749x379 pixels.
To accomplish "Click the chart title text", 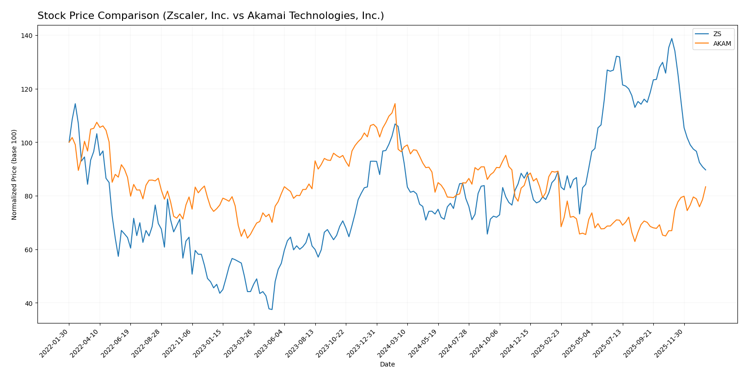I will pyautogui.click(x=210, y=16).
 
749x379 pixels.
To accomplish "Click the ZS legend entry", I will pyautogui.click(x=717, y=34).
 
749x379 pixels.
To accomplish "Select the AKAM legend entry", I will pyautogui.click(x=721, y=44).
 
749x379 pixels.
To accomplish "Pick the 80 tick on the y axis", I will pyautogui.click(x=29, y=196).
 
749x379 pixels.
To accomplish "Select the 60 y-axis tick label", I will pyautogui.click(x=29, y=250).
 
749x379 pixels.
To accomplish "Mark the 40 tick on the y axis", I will pyautogui.click(x=29, y=303).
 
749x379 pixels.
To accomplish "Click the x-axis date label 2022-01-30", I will pyautogui.click(x=55, y=343).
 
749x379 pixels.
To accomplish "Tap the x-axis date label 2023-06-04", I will pyautogui.click(x=270, y=343).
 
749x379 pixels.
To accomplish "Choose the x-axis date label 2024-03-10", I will pyautogui.click(x=393, y=343).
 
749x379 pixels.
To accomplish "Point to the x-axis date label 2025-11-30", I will pyautogui.click(x=669, y=343).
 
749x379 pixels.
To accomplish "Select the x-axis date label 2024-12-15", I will pyautogui.click(x=516, y=343).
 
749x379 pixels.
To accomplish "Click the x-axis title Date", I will pyautogui.click(x=387, y=365).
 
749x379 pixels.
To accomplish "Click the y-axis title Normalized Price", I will pyautogui.click(x=14, y=174).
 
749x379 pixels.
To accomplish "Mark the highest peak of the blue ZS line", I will pyautogui.click(x=672, y=38).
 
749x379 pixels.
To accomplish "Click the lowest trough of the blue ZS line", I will pyautogui.click(x=272, y=310).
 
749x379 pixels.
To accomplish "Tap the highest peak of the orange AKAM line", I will pyautogui.click(x=395, y=104).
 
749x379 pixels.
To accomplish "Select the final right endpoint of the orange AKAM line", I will pyautogui.click(x=706, y=186).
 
